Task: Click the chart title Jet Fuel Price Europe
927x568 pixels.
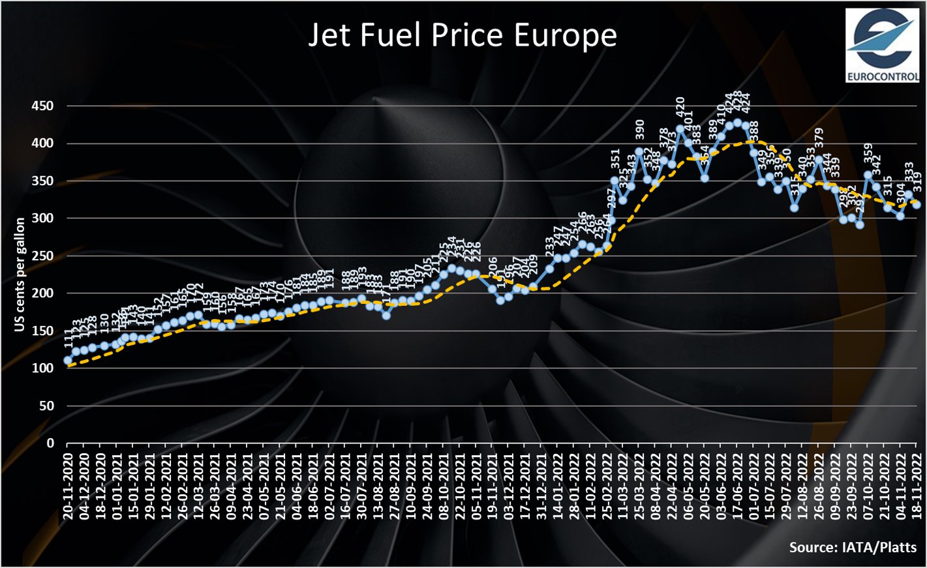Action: pyautogui.click(x=463, y=35)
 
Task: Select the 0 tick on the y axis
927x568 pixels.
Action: pyautogui.click(x=50, y=443)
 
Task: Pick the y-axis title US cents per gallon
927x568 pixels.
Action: pyautogui.click(x=20, y=275)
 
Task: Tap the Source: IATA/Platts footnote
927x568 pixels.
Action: pyautogui.click(x=853, y=547)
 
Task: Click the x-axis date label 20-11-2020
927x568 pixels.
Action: pyautogui.click(x=68, y=483)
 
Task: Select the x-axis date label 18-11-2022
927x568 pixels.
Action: pyautogui.click(x=916, y=483)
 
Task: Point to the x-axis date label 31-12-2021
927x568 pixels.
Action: pyautogui.click(x=541, y=483)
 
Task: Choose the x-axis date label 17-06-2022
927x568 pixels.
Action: pyautogui.click(x=737, y=483)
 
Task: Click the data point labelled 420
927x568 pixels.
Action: pyautogui.click(x=680, y=128)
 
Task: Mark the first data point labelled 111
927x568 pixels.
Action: pyautogui.click(x=68, y=360)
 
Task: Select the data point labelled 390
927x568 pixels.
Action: pyautogui.click(x=639, y=151)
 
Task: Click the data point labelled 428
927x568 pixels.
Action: pyautogui.click(x=737, y=123)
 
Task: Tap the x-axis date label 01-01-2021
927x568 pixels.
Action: pyautogui.click(x=117, y=483)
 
